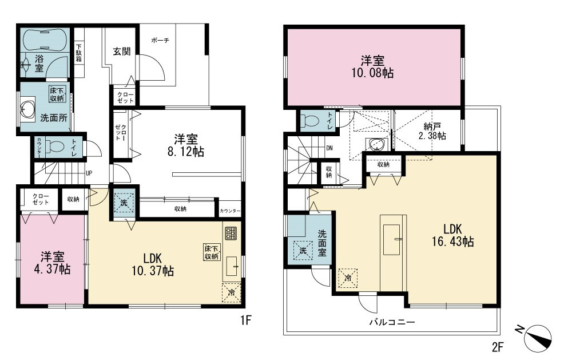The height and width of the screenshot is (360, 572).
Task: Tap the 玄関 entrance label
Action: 121,51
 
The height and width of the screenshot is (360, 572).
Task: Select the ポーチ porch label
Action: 160,40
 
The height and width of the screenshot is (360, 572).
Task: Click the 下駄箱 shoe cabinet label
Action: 79,53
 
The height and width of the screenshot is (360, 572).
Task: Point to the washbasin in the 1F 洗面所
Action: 27,108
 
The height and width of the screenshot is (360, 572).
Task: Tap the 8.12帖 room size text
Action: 186,152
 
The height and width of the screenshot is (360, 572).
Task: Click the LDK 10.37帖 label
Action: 153,264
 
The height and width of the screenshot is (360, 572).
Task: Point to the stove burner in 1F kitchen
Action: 231,234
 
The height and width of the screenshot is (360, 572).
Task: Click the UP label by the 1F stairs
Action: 89,173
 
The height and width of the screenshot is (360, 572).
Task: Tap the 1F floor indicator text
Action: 246,320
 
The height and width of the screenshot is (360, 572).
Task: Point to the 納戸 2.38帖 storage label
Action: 432,131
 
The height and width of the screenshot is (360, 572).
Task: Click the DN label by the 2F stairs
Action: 329,148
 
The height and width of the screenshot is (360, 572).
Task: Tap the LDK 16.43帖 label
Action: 452,235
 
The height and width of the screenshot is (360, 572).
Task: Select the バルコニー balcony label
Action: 392,322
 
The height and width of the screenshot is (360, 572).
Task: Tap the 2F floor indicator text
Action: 498,347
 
